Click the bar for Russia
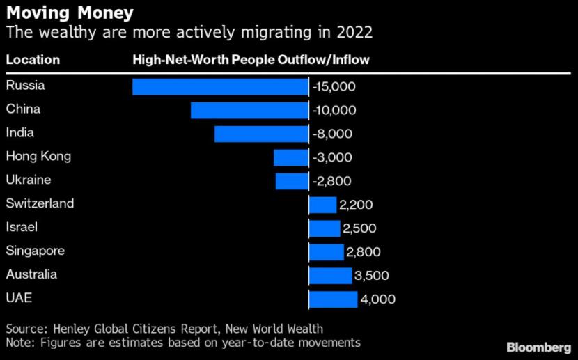point(220,86)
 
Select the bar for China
point(249,110)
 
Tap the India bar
point(261,134)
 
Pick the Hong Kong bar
point(291,157)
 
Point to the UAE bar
point(333,299)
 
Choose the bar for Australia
point(330,276)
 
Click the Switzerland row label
point(40,204)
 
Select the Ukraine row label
point(29,180)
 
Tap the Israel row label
point(22,228)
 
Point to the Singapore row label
point(36,251)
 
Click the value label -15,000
point(334,86)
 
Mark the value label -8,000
point(332,134)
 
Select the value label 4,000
point(378,299)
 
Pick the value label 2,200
point(357,205)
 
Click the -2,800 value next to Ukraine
point(332,181)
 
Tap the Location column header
point(33,60)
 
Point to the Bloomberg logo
point(538,346)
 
